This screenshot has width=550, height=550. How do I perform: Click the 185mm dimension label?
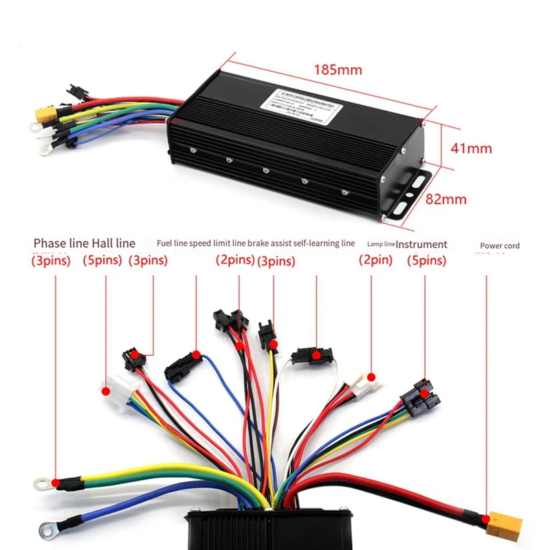coord(337,69)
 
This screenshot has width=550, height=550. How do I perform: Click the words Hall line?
coord(113,243)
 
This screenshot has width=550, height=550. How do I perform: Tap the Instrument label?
coord(421,244)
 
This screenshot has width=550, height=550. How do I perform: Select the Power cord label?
coord(499,245)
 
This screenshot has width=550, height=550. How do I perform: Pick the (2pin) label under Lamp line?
coord(375,261)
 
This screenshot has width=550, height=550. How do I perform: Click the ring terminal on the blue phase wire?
coord(47,529)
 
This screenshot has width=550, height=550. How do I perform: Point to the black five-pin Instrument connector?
coord(418,399)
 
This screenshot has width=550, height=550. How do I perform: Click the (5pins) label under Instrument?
coord(426,261)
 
